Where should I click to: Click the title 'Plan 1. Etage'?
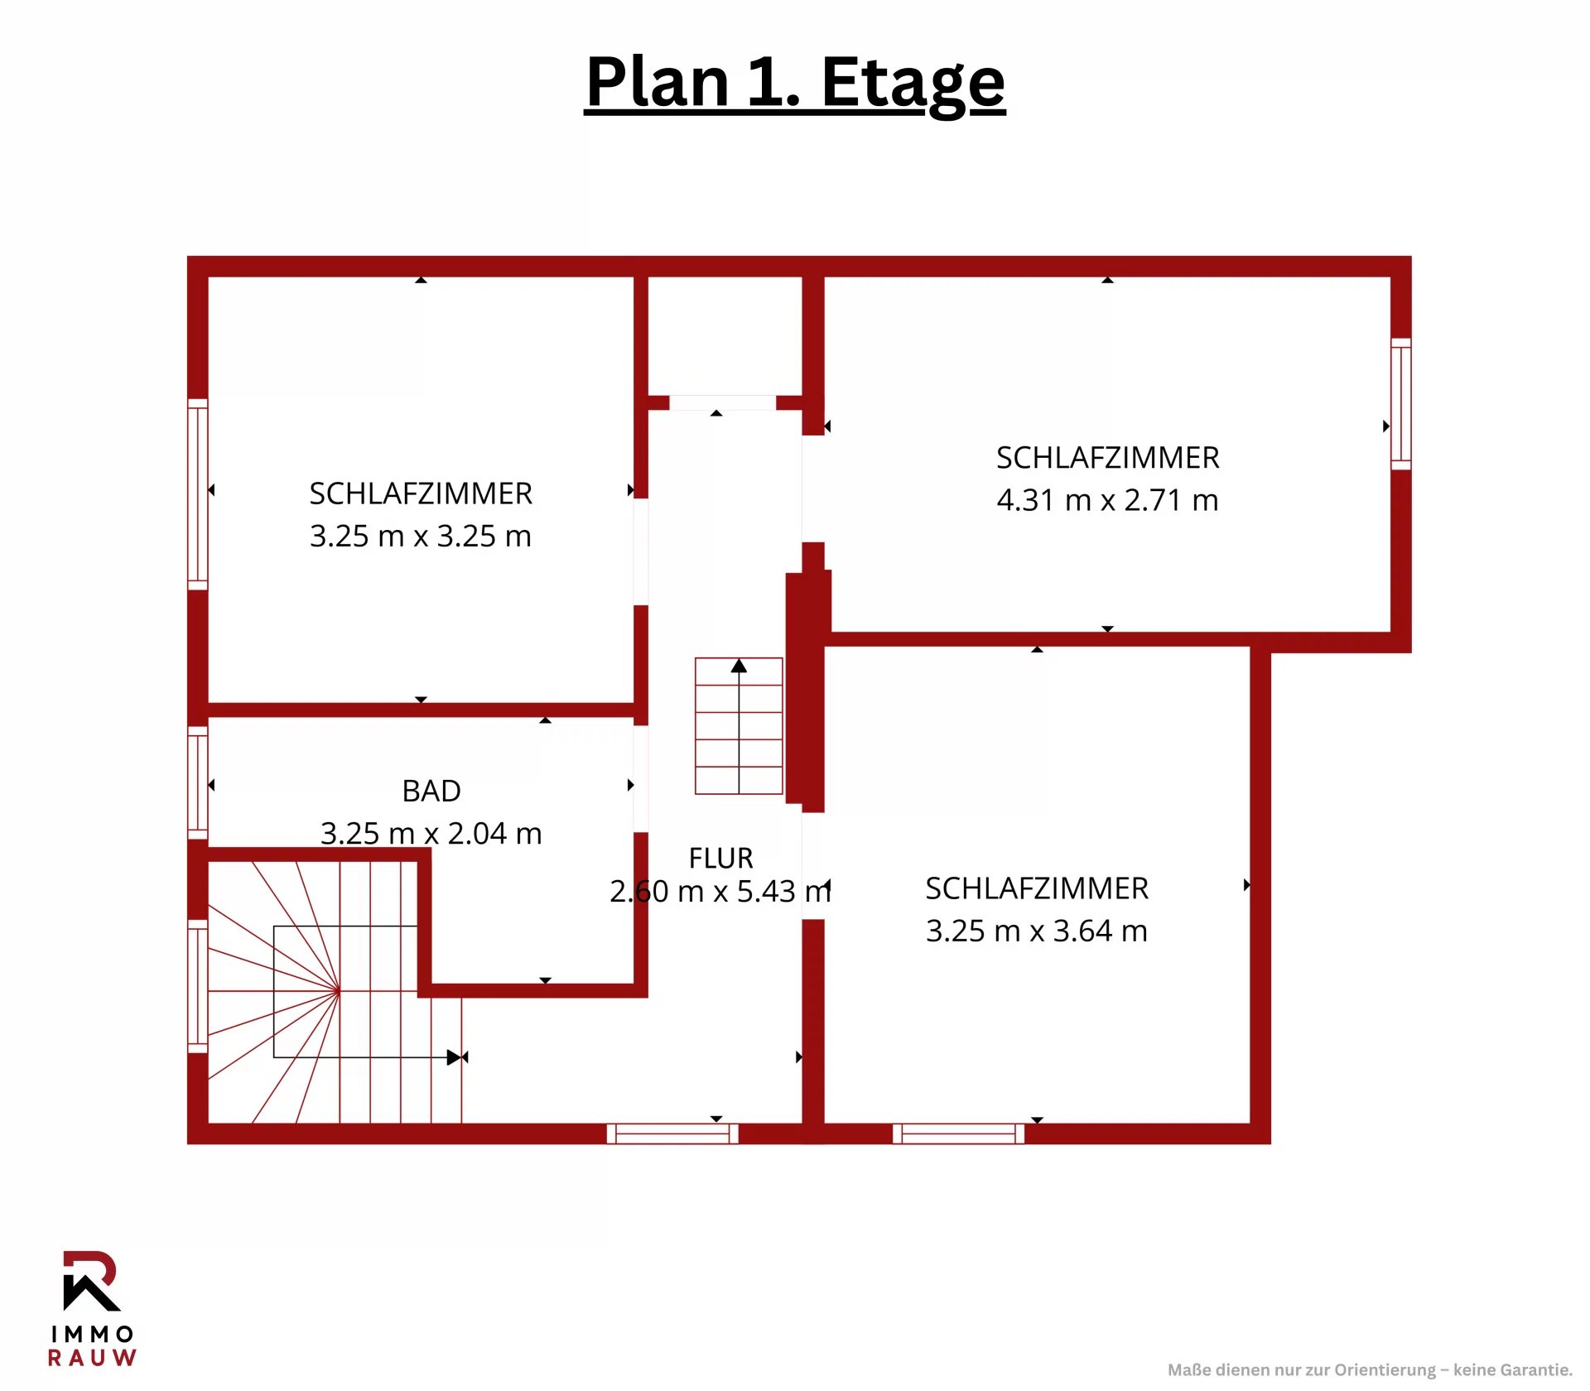[x=795, y=83]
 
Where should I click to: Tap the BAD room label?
[x=431, y=791]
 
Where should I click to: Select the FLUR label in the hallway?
[x=720, y=858]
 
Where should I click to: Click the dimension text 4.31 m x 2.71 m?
[x=1107, y=500]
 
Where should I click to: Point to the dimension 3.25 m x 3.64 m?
[x=1036, y=931]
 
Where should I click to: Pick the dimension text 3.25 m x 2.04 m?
[x=431, y=833]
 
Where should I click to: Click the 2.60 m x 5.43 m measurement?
[x=720, y=891]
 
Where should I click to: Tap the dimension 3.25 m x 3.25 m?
[x=420, y=536]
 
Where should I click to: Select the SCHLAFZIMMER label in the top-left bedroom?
[x=421, y=493]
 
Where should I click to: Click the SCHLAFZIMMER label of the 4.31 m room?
[x=1108, y=458]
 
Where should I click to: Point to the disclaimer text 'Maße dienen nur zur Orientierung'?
[x=1301, y=1370]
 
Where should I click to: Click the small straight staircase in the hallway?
[x=739, y=726]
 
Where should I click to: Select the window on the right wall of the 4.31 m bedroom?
[x=1401, y=404]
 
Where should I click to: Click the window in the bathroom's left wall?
[x=198, y=783]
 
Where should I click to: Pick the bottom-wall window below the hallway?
[x=672, y=1133]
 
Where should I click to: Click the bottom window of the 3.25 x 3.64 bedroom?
[x=958, y=1133]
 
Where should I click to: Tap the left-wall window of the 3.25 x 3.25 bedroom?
[x=198, y=494]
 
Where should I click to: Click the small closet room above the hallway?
[x=725, y=336]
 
